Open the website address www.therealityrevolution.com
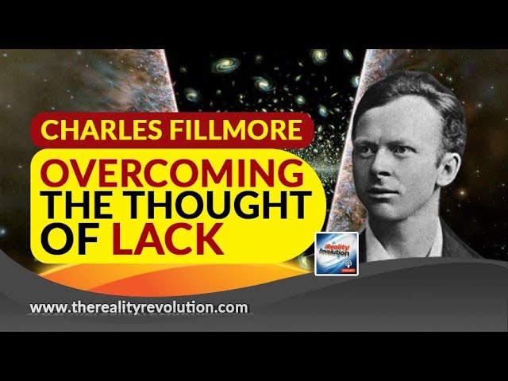[138, 307]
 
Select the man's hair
[421, 87]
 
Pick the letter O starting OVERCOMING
[54, 171]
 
